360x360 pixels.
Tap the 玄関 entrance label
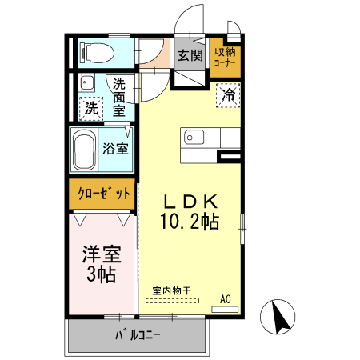190,56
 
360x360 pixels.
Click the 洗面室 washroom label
119,97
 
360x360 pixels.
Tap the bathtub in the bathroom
83,150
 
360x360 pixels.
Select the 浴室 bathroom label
117,149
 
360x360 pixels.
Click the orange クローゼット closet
103,193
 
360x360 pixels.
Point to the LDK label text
190,201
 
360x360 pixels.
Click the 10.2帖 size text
191,222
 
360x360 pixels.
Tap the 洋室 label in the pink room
102,256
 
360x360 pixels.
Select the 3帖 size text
102,276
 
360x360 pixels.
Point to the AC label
226,299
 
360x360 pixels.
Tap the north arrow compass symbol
282,318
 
